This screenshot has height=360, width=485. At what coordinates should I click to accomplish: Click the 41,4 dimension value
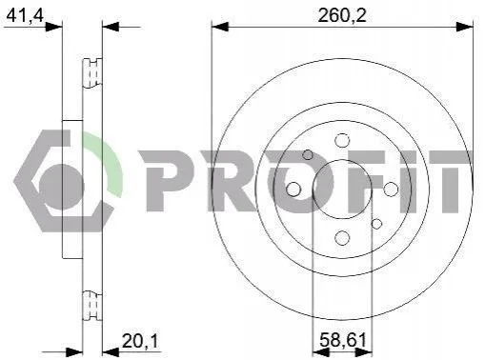[x=25, y=14]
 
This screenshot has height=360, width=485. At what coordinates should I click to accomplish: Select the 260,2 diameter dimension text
[x=342, y=15]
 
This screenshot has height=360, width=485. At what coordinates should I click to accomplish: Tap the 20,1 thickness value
[x=140, y=341]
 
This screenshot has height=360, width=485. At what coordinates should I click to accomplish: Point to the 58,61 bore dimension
[x=343, y=340]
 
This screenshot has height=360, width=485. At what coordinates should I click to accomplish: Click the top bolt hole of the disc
[x=342, y=140]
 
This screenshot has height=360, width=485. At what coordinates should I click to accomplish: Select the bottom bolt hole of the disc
[x=342, y=238]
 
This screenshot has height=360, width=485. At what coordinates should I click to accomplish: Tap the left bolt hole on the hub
[x=293, y=190]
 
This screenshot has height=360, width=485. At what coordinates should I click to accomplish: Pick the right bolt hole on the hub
[x=391, y=190]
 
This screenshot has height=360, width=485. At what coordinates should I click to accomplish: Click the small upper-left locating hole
[x=308, y=155]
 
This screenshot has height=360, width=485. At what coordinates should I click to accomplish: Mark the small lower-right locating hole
[x=376, y=224]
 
